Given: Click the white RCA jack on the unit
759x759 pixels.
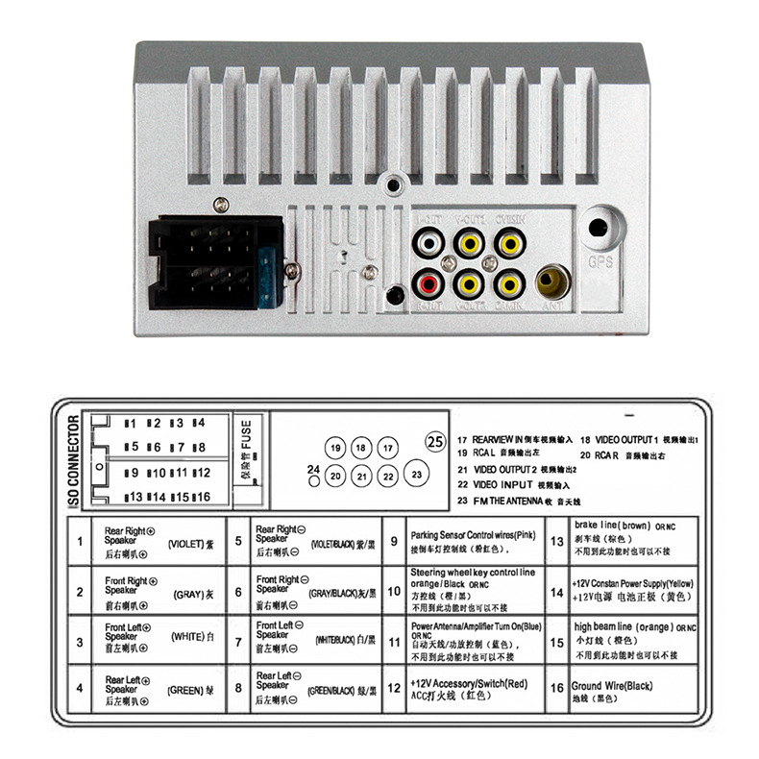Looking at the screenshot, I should coord(428,244).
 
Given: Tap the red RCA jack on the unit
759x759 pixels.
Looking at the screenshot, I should coord(428,283).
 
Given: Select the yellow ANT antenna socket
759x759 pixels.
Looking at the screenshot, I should coord(552,283).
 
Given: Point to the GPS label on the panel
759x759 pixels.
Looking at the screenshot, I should coord(600,260).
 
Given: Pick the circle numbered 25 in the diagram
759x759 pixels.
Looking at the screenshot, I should coord(434,443).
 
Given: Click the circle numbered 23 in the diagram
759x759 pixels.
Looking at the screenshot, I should coord(415,475).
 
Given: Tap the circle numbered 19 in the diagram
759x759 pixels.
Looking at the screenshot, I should coord(334,449).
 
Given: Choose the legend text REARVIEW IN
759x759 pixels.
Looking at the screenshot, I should coord(498,437).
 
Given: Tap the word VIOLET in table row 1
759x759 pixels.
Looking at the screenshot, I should coord(186,543).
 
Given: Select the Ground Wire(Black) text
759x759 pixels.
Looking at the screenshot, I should coord(612,686).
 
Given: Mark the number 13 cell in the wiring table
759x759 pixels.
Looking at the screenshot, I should coord(556,542).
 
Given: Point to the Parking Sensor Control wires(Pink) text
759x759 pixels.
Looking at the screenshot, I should coord(473,534).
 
